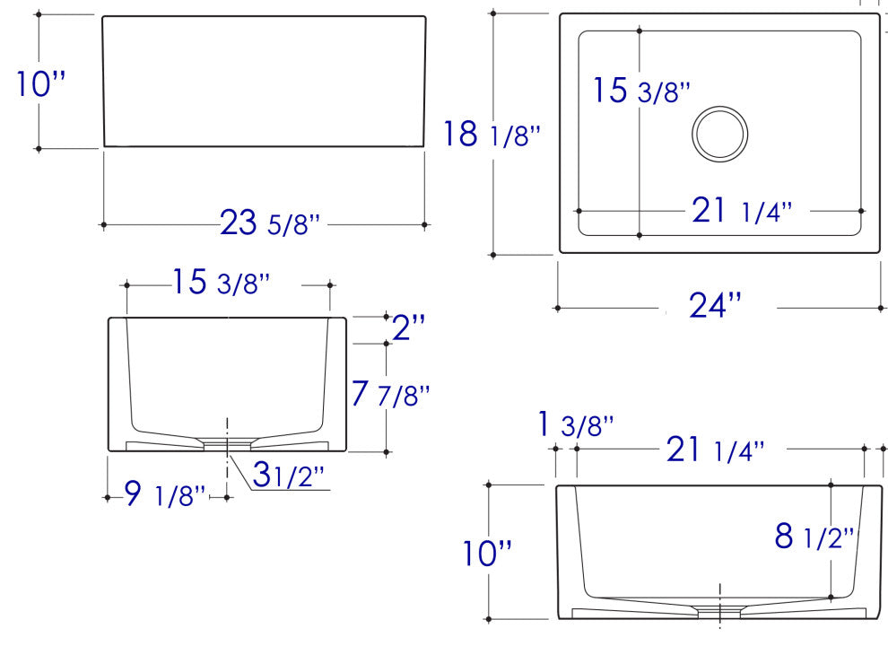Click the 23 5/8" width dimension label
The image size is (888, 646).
coord(270,223)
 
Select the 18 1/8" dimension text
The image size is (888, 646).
coord(492,135)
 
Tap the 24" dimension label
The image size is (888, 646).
coord(715,306)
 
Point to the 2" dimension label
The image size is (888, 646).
coord(408,327)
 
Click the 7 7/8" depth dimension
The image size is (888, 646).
coord(391,394)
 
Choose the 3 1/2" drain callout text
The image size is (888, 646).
coord(288,475)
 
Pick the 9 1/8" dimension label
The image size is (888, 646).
coord(165,494)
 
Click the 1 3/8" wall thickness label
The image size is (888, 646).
coord(575,424)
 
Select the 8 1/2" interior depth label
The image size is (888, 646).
coord(814,536)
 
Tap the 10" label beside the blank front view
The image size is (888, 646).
coord(40,83)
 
